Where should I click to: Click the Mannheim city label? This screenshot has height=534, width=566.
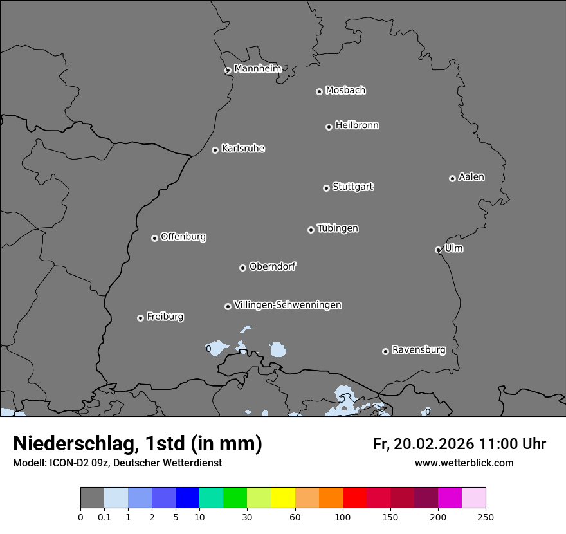coord(257,69)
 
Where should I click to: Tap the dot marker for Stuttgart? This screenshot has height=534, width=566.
coord(326,188)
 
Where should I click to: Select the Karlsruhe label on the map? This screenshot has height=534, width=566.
coord(243,149)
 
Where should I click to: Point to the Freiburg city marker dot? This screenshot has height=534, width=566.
coord(140,318)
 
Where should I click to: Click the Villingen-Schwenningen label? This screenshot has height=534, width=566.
coord(288,305)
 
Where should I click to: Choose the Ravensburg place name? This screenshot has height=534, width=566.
coord(419,350)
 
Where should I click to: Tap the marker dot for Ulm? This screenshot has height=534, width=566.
coord(438,250)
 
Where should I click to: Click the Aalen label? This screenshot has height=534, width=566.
coord(471,177)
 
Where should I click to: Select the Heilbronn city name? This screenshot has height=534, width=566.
coord(357,125)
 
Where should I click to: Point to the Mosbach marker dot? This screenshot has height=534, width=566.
coord(319,91)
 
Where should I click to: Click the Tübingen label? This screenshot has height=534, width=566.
coord(338,228)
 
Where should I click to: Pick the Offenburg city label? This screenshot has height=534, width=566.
coord(183,237)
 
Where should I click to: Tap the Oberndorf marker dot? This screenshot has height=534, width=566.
coord(242,268)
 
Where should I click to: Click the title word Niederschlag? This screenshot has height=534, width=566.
coord(73,443)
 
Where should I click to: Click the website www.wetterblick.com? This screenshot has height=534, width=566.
coord(464,463)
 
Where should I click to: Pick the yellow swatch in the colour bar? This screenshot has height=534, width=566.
coord(283,497)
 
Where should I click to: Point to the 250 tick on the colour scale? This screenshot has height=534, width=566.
coord(486,517)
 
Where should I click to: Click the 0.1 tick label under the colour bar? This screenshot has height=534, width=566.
coord(104,517)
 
